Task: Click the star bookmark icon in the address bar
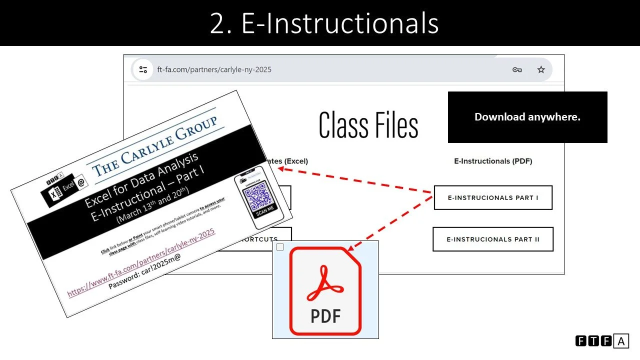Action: click(541, 69)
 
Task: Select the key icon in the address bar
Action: click(517, 69)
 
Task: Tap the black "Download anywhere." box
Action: click(527, 117)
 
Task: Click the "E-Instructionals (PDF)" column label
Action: click(493, 161)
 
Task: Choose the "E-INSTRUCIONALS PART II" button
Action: click(493, 239)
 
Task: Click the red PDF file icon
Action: click(325, 291)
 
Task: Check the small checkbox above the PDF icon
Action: click(280, 247)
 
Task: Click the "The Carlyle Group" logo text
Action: click(155, 145)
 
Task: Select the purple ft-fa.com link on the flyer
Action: click(141, 262)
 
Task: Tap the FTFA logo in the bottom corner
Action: click(602, 341)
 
